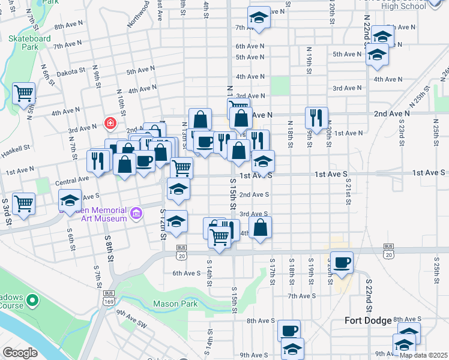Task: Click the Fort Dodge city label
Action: click(x=367, y=320)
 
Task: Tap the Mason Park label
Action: click(x=175, y=304)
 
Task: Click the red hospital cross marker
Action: click(x=110, y=124)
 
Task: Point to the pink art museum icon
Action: click(x=136, y=213)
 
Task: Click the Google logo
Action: click(x=20, y=353)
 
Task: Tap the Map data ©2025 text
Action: click(x=424, y=355)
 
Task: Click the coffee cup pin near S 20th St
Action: click(x=342, y=262)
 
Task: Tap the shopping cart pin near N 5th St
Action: click(x=23, y=93)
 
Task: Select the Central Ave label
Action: click(x=71, y=179)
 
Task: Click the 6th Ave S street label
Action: click(x=186, y=273)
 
